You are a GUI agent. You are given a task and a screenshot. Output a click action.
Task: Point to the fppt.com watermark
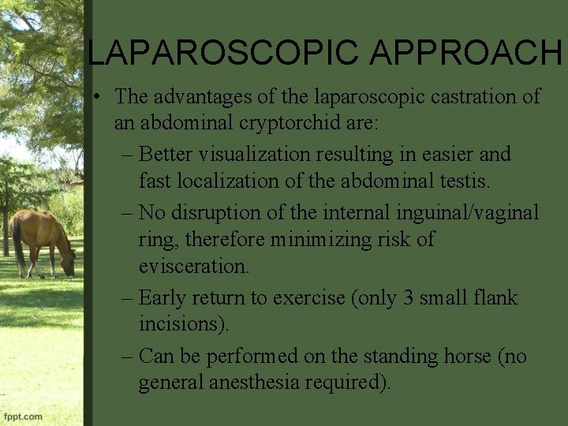23,415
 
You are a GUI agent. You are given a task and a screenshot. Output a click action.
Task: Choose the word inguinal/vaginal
469,211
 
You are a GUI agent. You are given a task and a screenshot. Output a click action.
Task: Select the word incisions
185,324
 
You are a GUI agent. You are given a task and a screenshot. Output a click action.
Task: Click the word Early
162,297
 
